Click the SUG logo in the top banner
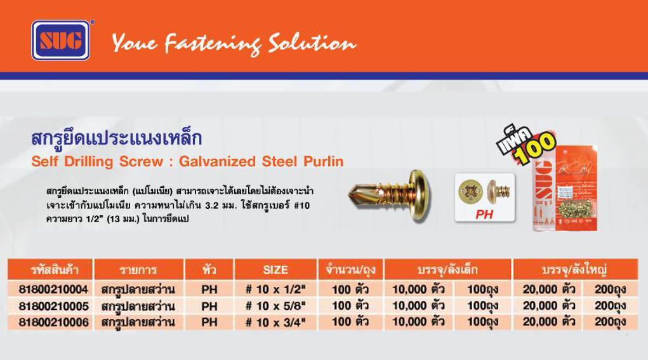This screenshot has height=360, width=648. [61, 40]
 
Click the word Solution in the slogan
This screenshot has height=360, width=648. [312, 43]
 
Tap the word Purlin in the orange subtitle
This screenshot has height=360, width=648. [324, 161]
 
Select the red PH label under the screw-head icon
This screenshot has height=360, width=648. [484, 214]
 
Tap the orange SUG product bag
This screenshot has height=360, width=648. [565, 188]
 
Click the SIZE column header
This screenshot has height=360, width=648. [275, 270]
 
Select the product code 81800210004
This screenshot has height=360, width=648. [54, 290]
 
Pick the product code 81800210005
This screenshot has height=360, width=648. [54, 306]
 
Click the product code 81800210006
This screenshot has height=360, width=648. [54, 323]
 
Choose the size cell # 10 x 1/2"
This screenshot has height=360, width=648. [275, 290]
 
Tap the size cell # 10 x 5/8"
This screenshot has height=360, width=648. [275, 306]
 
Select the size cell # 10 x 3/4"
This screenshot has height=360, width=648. [275, 323]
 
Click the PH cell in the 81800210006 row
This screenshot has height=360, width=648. [209, 323]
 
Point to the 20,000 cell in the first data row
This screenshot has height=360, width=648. [549, 290]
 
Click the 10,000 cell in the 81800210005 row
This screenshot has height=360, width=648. [419, 306]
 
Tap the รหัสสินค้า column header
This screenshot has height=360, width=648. [55, 270]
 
